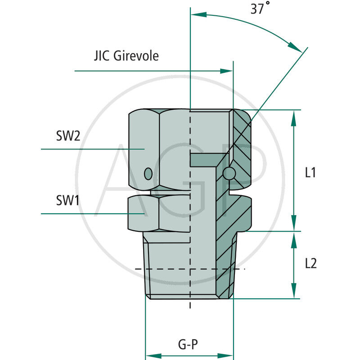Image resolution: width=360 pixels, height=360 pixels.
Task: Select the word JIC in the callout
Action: pyautogui.click(x=103, y=56)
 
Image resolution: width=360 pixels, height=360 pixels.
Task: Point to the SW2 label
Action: pyautogui.click(x=68, y=136)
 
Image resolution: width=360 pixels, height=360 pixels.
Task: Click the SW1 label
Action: pyautogui.click(x=68, y=201)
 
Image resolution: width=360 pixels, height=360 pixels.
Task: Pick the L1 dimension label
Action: pyautogui.click(x=310, y=172)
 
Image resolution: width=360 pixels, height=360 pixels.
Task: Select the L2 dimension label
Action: pyautogui.click(x=310, y=263)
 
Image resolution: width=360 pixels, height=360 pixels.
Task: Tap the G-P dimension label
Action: pyautogui.click(x=188, y=345)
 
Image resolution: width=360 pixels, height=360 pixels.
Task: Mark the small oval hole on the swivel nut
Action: pyautogui.click(x=148, y=173)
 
